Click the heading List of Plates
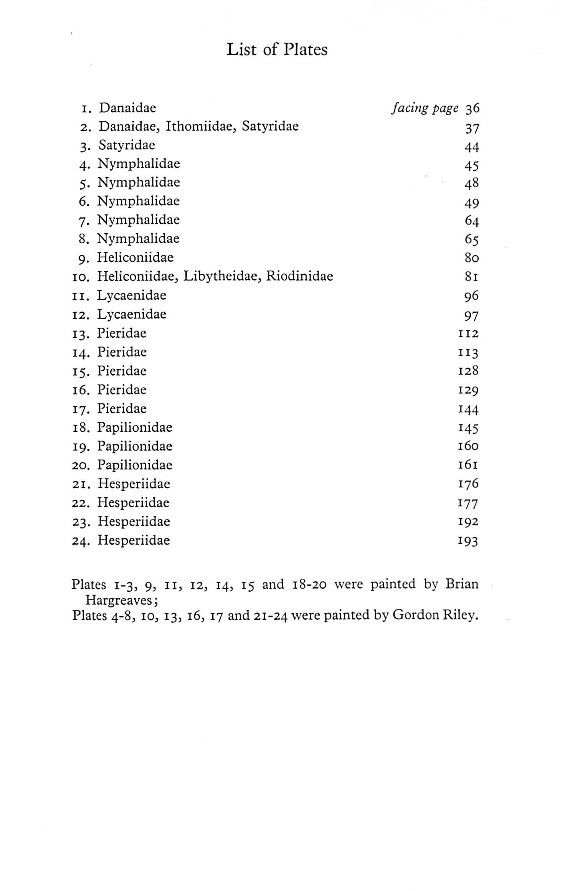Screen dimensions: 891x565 277,50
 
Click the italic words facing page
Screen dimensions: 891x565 425,109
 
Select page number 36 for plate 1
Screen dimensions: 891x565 472,109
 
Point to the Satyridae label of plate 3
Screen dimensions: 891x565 127,145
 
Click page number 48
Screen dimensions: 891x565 471,183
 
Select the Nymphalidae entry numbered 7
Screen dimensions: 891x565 138,220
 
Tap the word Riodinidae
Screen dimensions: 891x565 299,276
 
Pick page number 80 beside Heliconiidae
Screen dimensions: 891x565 471,257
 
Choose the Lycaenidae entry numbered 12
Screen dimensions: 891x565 131,314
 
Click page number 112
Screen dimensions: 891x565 468,333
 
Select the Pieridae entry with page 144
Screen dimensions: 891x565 121,409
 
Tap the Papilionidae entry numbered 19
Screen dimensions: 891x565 134,446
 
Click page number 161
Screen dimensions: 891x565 468,465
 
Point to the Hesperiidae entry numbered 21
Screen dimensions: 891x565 134,484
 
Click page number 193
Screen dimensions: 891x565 468,541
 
